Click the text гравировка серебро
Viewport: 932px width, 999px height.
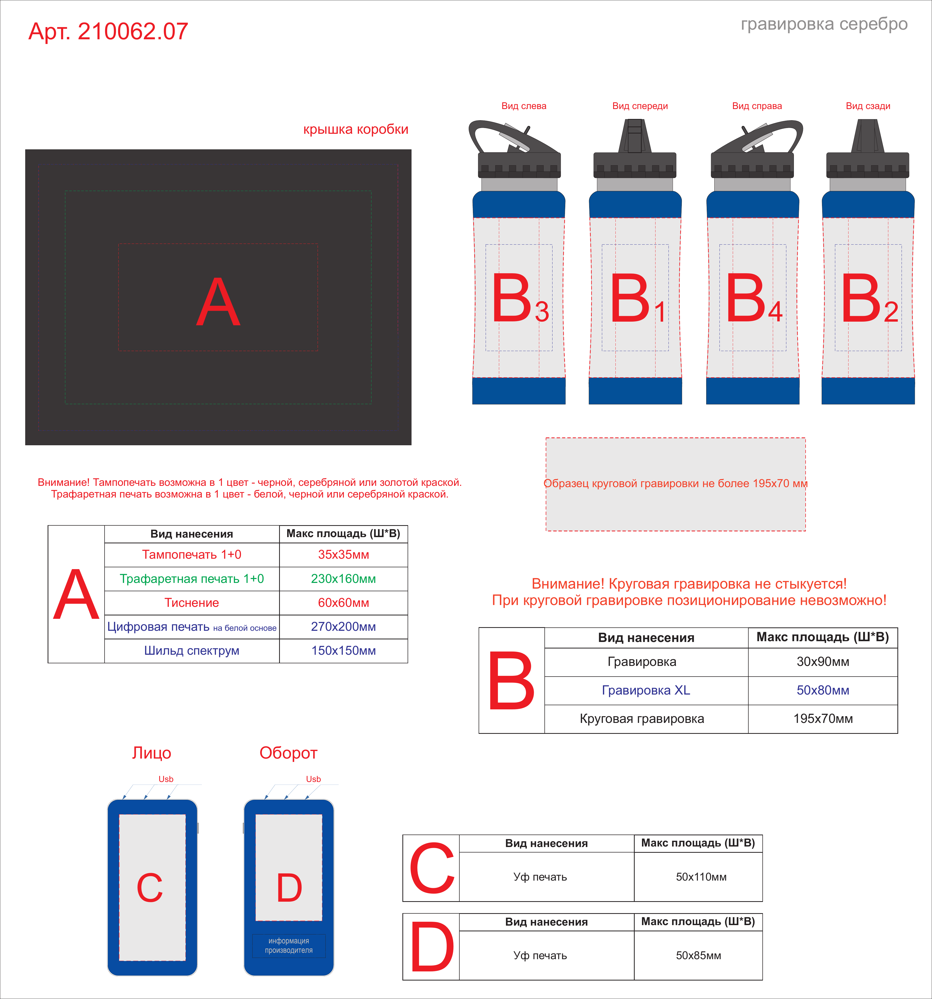824,24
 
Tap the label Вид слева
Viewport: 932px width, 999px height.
524,106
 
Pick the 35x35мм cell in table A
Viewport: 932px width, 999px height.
344,555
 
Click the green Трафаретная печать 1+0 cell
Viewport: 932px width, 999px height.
192,579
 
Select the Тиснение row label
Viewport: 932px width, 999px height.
192,602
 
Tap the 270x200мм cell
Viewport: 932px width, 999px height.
344,627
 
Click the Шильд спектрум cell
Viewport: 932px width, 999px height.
192,651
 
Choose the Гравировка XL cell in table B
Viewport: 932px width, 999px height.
646,690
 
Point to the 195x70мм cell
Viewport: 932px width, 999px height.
823,718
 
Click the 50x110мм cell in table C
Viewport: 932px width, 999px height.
701,877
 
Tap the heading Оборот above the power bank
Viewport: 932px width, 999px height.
288,753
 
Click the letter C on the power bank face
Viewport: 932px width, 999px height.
150,887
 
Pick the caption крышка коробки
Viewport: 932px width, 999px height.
356,130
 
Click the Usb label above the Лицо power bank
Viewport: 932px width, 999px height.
166,779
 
